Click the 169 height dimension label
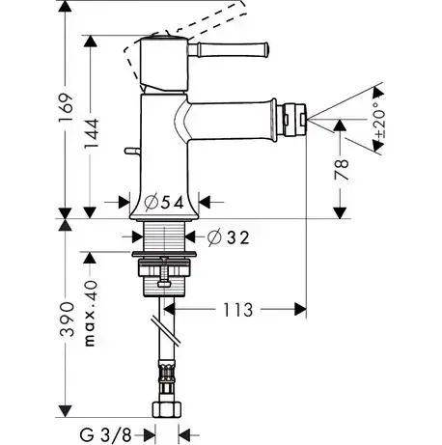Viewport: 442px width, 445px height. tap(65, 108)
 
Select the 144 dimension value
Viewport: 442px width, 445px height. tap(91, 134)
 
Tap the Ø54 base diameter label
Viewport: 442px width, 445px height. tap(164, 203)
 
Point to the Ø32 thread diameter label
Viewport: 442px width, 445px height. tap(229, 237)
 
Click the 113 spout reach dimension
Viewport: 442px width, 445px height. tap(238, 310)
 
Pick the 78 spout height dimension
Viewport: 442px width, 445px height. tap(342, 170)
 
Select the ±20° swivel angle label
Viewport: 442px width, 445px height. tap(381, 120)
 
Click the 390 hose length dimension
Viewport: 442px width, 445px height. tap(67, 320)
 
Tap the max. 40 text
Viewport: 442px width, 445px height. tap(91, 314)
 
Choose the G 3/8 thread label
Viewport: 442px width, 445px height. tap(105, 435)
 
